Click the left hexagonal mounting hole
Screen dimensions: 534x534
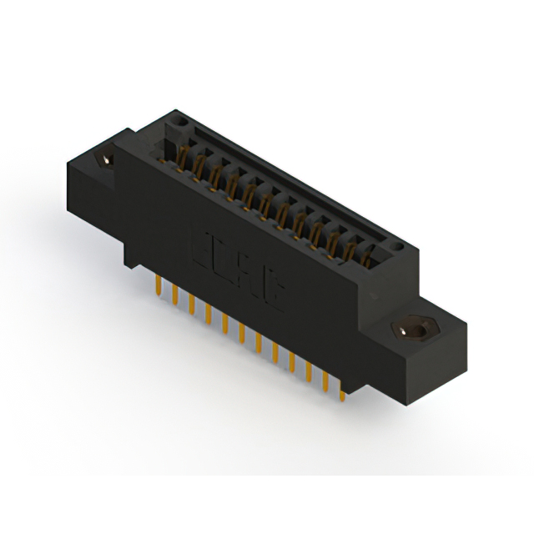tap(108, 159)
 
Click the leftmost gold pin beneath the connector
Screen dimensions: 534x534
tap(158, 286)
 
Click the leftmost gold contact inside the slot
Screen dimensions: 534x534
tap(183, 154)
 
